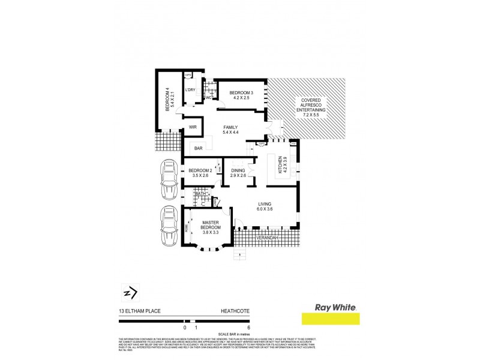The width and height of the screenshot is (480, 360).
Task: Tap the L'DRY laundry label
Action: [x=190, y=90]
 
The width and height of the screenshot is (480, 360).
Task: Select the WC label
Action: [x=209, y=97]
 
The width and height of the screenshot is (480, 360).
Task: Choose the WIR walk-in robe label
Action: [x=193, y=127]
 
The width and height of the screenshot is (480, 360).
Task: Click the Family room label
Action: [x=230, y=130]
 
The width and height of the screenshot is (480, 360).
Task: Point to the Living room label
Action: [x=265, y=206]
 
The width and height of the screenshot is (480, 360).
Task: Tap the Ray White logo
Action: [x=329, y=313]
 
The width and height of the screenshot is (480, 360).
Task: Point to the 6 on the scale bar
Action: [x=248, y=328]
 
